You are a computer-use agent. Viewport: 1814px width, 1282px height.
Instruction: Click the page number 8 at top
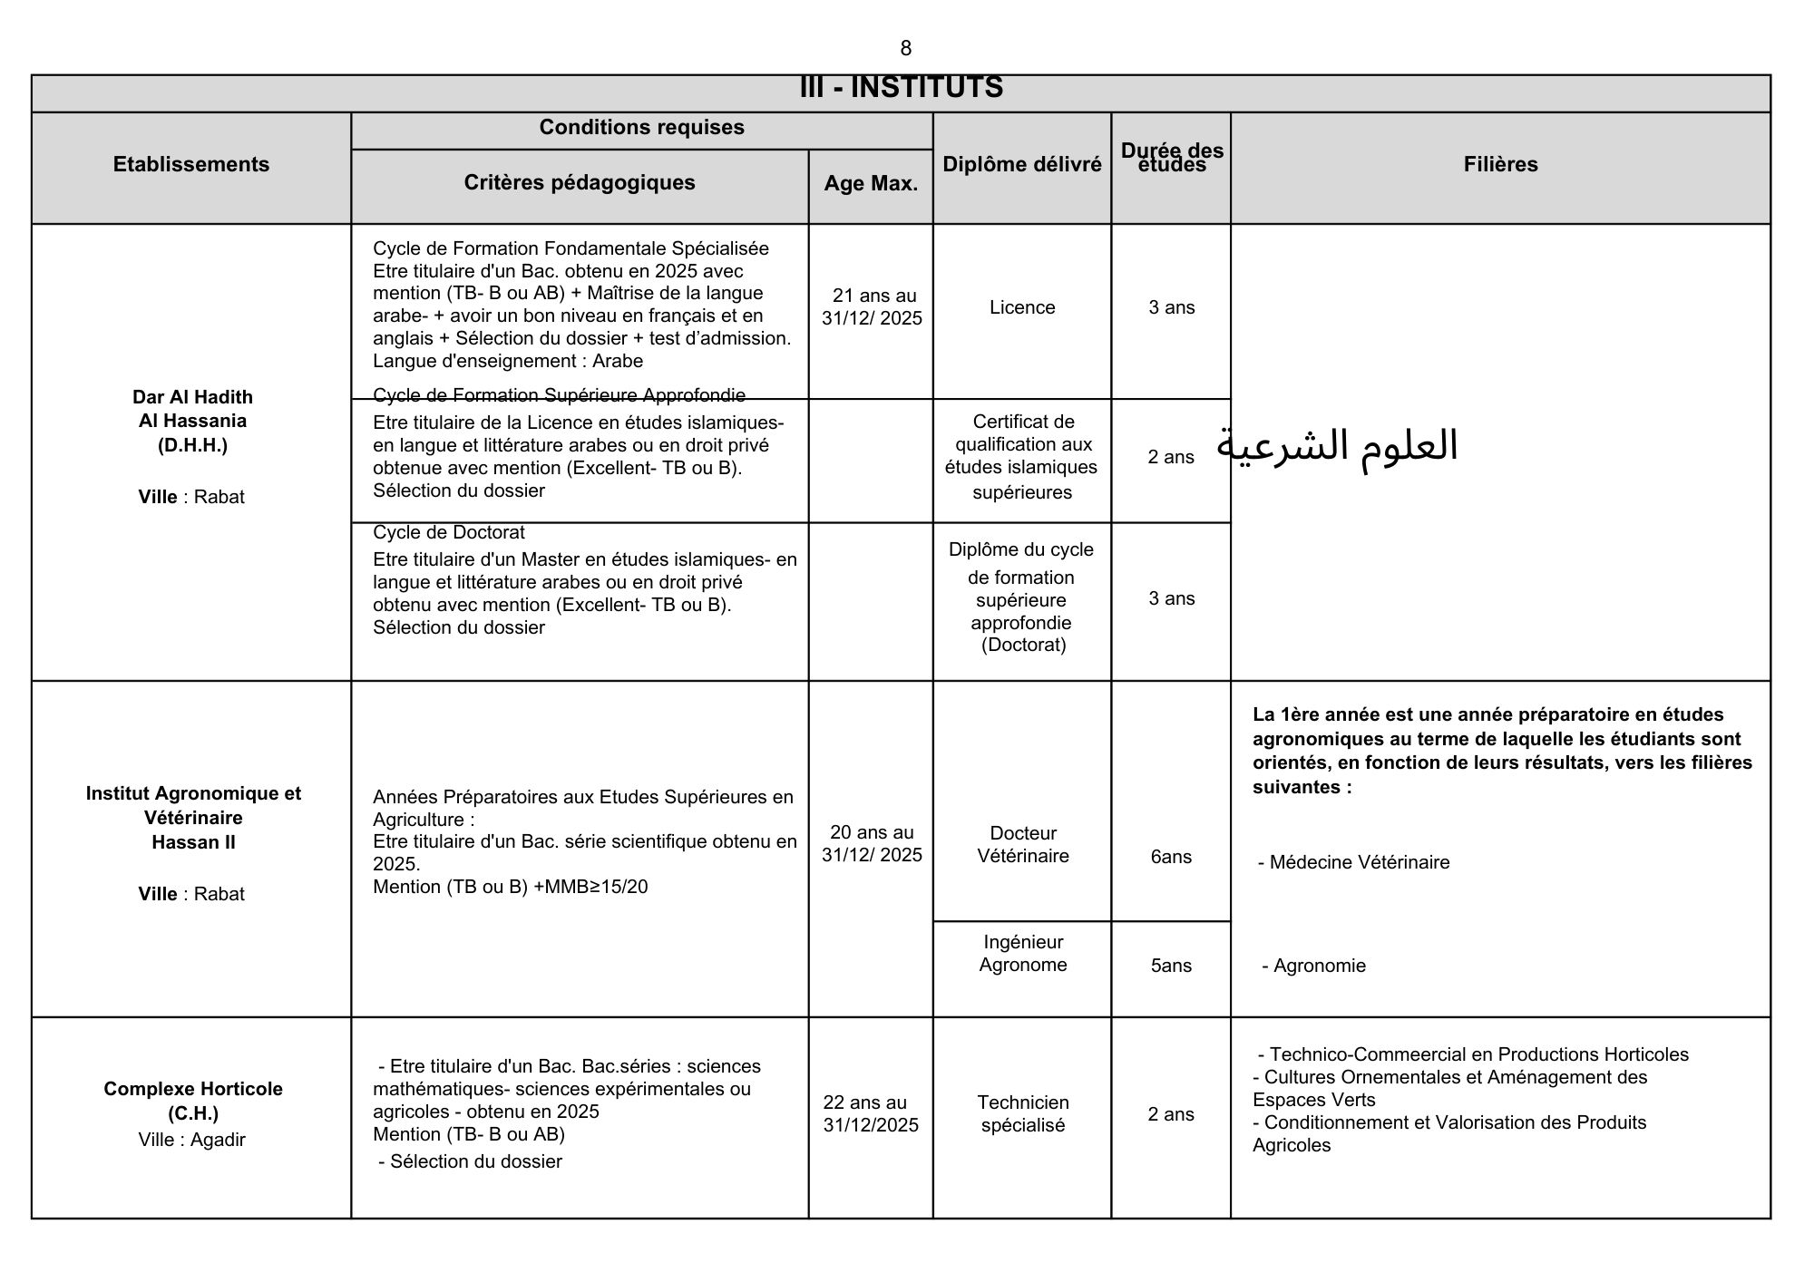point(905,48)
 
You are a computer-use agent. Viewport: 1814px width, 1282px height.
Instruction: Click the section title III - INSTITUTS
point(901,88)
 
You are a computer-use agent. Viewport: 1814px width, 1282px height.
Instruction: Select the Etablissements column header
point(191,164)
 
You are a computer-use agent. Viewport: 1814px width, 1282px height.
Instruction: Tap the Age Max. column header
point(871,183)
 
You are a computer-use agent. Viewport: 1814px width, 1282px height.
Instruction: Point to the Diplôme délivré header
point(1022,164)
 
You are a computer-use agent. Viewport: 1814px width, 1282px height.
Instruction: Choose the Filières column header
point(1500,164)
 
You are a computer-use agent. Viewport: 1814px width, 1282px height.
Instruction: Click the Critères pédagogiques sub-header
point(580,182)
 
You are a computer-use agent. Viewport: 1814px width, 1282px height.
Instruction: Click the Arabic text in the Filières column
point(1337,446)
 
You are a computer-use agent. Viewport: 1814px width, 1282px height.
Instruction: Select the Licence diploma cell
point(1022,307)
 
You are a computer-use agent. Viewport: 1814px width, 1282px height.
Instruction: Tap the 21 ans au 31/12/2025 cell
point(872,306)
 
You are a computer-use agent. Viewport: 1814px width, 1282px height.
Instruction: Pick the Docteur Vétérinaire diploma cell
point(1023,844)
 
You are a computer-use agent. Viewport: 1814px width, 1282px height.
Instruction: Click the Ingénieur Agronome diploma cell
point(1023,953)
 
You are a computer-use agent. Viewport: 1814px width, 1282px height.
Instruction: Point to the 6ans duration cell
point(1171,857)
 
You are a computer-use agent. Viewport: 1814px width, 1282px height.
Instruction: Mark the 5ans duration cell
point(1171,966)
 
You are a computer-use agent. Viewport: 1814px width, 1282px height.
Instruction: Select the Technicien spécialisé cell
point(1023,1113)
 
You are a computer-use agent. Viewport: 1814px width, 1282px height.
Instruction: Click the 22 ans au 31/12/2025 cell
point(871,1113)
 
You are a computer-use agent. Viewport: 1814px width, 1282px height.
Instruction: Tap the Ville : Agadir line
point(191,1140)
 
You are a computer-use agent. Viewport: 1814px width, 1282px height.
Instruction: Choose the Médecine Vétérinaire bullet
point(1354,862)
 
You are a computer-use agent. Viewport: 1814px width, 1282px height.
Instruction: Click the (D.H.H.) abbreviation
point(192,445)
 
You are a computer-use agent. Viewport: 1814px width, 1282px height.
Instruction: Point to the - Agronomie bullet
point(1314,966)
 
